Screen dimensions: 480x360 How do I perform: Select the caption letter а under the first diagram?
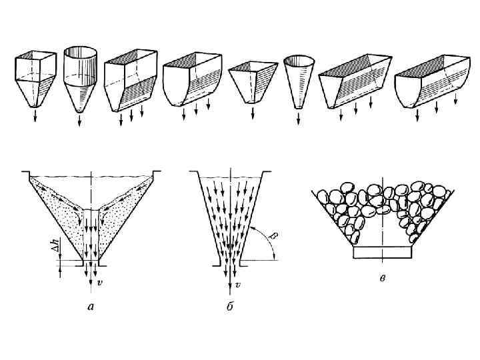coord(91,308)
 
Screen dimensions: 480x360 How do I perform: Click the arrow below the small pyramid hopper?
coord(253,113)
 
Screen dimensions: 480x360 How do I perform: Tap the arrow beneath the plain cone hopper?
coord(298,119)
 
